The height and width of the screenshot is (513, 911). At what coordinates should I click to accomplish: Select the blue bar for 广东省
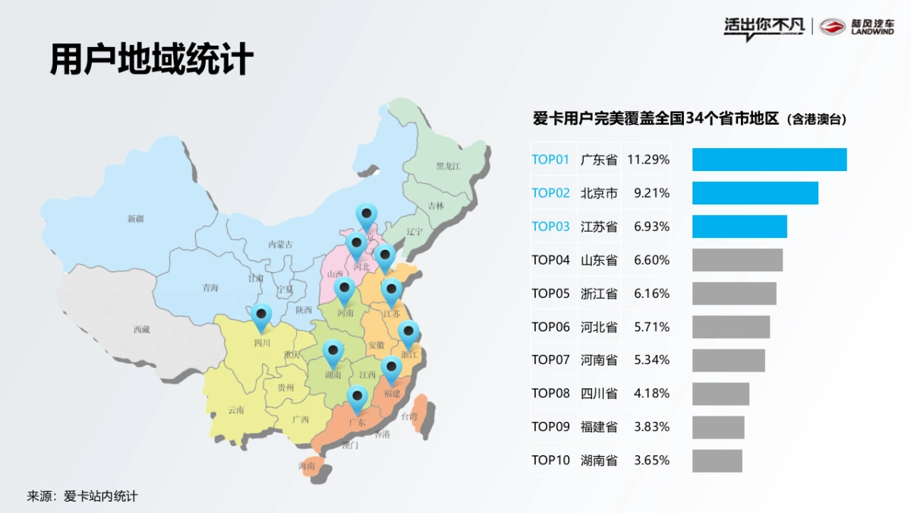coord(769,160)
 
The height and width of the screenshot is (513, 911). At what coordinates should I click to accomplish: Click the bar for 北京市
coord(755,193)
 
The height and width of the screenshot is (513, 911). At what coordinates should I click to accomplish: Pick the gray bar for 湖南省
coord(717,461)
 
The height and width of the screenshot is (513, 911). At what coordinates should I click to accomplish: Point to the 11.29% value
coord(648,160)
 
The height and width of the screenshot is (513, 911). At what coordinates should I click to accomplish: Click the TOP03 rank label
coord(550,226)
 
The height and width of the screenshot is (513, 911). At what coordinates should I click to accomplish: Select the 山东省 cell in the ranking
coord(599,260)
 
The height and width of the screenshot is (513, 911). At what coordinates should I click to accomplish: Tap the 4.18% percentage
coord(651,394)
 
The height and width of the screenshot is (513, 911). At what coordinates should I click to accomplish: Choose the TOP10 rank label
coord(550,461)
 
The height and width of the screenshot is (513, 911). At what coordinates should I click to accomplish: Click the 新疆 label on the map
coord(135,219)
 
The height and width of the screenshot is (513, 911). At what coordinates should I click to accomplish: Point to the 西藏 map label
coord(141,330)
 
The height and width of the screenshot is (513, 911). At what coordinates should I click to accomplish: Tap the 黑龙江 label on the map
coord(448,166)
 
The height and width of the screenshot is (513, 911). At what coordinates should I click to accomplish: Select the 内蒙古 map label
coord(280,245)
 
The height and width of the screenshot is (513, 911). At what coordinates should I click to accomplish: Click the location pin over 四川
coord(262,317)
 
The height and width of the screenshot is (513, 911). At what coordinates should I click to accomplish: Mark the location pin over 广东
coord(357,397)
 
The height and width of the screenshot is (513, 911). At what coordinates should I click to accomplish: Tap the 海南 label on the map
coord(307,466)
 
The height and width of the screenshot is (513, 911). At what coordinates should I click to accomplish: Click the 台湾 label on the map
coord(409,416)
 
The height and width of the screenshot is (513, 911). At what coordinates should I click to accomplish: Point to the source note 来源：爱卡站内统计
coord(83,496)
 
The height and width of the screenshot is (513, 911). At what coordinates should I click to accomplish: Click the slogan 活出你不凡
coord(763,27)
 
